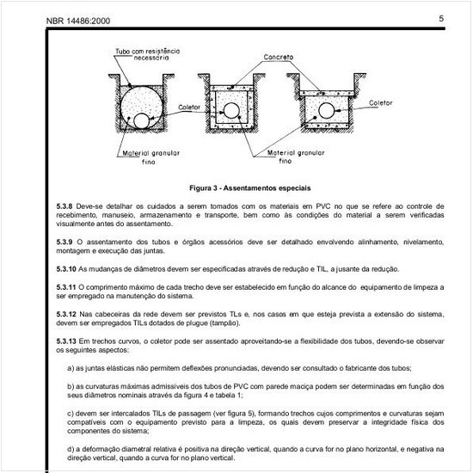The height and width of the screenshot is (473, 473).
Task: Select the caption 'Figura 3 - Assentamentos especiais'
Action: coord(250,187)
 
